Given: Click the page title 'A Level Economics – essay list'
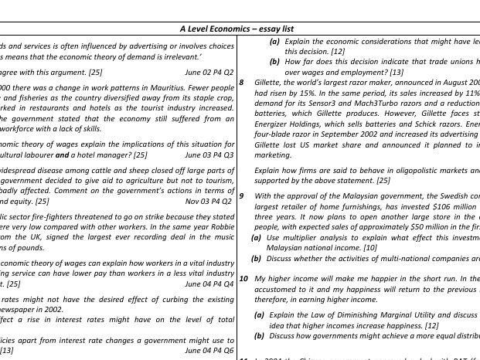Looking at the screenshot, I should [x=237, y=29].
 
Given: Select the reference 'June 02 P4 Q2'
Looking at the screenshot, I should [x=209, y=72].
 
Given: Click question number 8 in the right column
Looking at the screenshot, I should [x=242, y=82].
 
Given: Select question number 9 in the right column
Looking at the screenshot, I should [x=242, y=196].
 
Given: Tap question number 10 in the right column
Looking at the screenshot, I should [x=243, y=278].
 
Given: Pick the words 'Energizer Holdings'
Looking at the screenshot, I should [x=289, y=124].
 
